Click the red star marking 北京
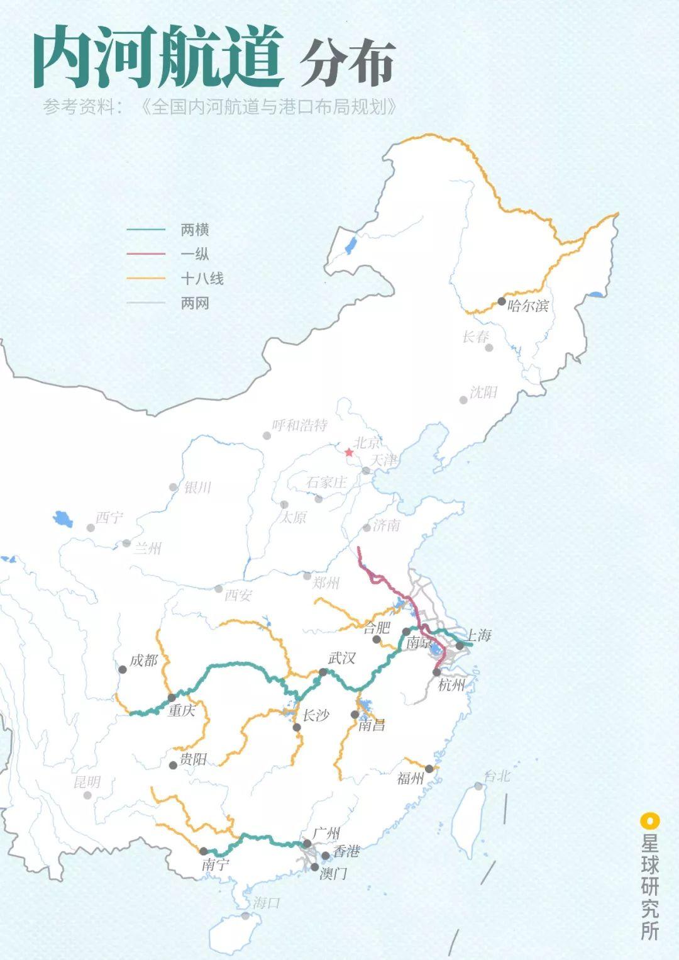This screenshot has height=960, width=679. pyautogui.click(x=349, y=452)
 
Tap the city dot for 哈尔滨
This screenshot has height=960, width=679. pyautogui.click(x=502, y=301)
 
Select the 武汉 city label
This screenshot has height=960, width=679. pyautogui.click(x=341, y=658)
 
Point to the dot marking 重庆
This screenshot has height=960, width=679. pyautogui.click(x=172, y=698)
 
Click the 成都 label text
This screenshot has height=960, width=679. pyautogui.click(x=143, y=661)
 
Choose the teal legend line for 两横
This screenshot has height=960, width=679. pyautogui.click(x=146, y=230)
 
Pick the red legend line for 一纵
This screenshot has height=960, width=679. pyautogui.click(x=146, y=254)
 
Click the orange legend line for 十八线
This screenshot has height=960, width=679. pyautogui.click(x=146, y=279)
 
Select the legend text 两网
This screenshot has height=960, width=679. pyautogui.click(x=194, y=303)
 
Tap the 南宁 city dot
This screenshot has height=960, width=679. pyautogui.click(x=203, y=851)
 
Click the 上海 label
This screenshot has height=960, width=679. pyautogui.click(x=478, y=635)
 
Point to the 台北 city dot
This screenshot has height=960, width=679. pyautogui.click(x=478, y=786)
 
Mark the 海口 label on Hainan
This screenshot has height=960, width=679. pyautogui.click(x=266, y=903)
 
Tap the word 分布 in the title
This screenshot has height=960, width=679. pyautogui.click(x=347, y=62)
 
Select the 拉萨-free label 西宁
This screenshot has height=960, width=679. pyautogui.click(x=109, y=518)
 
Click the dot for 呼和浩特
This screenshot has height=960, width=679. pyautogui.click(x=267, y=435)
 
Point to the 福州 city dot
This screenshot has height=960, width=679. pyautogui.click(x=429, y=769)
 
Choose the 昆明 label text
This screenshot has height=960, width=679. pyautogui.click(x=87, y=782)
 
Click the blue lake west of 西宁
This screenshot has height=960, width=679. pyautogui.click(x=63, y=519)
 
